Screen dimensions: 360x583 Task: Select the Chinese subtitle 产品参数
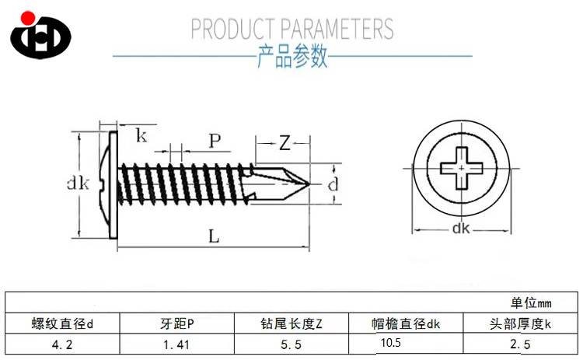tap(292, 58)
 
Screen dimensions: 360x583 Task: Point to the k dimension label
tap(141, 137)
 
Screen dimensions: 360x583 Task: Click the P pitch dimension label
tap(215, 141)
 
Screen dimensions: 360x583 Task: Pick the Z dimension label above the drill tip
tap(285, 142)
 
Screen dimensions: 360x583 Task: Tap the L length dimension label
tap(214, 237)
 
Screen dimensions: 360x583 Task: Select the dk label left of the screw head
tap(79, 184)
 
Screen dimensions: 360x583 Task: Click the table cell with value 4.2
tap(62, 343)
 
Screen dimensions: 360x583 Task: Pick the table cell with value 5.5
tap(291, 343)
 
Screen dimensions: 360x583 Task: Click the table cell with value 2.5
tap(520, 343)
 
